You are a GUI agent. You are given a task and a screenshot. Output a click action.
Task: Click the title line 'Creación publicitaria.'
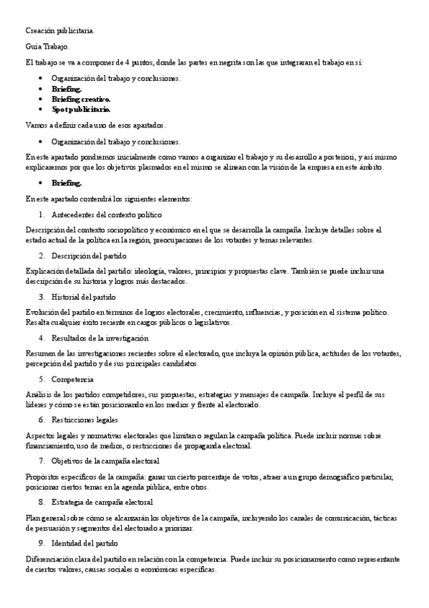[x=59, y=31]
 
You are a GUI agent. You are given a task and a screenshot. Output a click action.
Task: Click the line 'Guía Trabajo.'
[x=47, y=47]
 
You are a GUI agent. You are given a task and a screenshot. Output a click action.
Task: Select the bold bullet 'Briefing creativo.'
[x=81, y=99]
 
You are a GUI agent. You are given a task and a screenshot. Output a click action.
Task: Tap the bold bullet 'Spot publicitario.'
[x=81, y=110]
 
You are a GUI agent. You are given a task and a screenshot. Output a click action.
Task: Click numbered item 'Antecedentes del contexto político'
[x=107, y=214]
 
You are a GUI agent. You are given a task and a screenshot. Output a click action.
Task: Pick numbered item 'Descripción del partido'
[x=90, y=255]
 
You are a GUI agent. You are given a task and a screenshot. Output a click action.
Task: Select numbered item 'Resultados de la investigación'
[x=100, y=338]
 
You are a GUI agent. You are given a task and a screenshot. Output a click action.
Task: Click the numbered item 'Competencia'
[x=72, y=379]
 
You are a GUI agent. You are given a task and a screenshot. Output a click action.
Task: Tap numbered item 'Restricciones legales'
[x=85, y=419]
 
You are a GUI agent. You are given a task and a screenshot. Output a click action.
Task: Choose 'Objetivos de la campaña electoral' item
[x=105, y=460]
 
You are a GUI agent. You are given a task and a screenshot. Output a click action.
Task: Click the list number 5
[x=42, y=379]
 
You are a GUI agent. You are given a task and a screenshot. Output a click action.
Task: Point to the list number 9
[x=42, y=543]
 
